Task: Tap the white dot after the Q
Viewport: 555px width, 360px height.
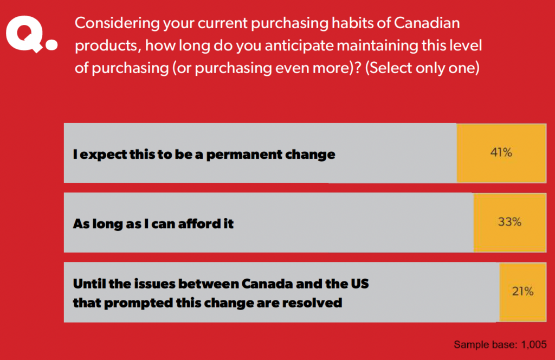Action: tap(51, 44)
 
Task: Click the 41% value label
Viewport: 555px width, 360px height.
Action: tap(501, 152)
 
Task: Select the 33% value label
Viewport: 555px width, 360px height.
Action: tap(509, 222)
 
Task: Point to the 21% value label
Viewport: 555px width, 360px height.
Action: tap(522, 291)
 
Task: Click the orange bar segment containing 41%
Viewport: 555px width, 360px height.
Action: tap(501, 153)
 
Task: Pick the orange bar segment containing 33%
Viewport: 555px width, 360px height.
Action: tap(510, 222)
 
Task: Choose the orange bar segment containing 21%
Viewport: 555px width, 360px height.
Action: tap(523, 292)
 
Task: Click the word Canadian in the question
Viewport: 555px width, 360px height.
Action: tap(427, 23)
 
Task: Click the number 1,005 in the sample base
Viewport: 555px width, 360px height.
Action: tap(534, 345)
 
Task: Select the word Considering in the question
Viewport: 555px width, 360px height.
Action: tap(117, 24)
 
